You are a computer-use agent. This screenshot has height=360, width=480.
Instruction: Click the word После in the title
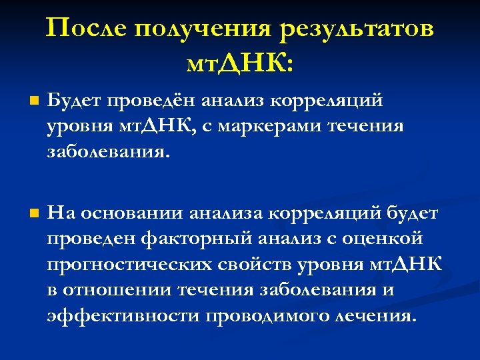(87, 29)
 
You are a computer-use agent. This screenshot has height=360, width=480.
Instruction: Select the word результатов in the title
(357, 29)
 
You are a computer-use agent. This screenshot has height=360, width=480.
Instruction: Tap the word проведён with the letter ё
(152, 101)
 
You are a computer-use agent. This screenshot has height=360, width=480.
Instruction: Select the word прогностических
(129, 265)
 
